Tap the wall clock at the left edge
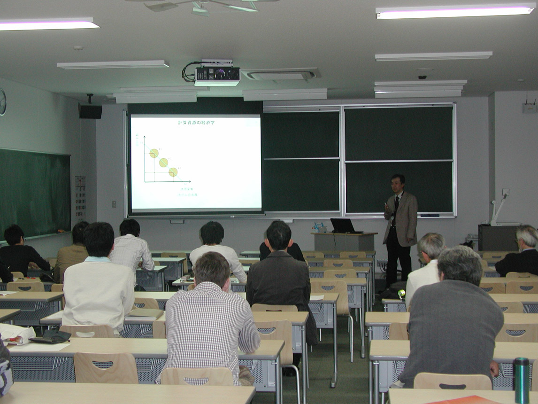pos(2,101)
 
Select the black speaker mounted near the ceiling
pos(90,111)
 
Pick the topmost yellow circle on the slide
pos(154,153)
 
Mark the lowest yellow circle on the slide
pos(173,172)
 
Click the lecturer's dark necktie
pos(396,209)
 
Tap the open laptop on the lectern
pos(344,226)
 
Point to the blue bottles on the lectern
pos(319,228)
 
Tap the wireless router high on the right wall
pos(530,107)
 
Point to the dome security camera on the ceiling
pos(423,75)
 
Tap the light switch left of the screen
pos(114,204)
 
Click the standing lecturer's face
pos(398,184)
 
